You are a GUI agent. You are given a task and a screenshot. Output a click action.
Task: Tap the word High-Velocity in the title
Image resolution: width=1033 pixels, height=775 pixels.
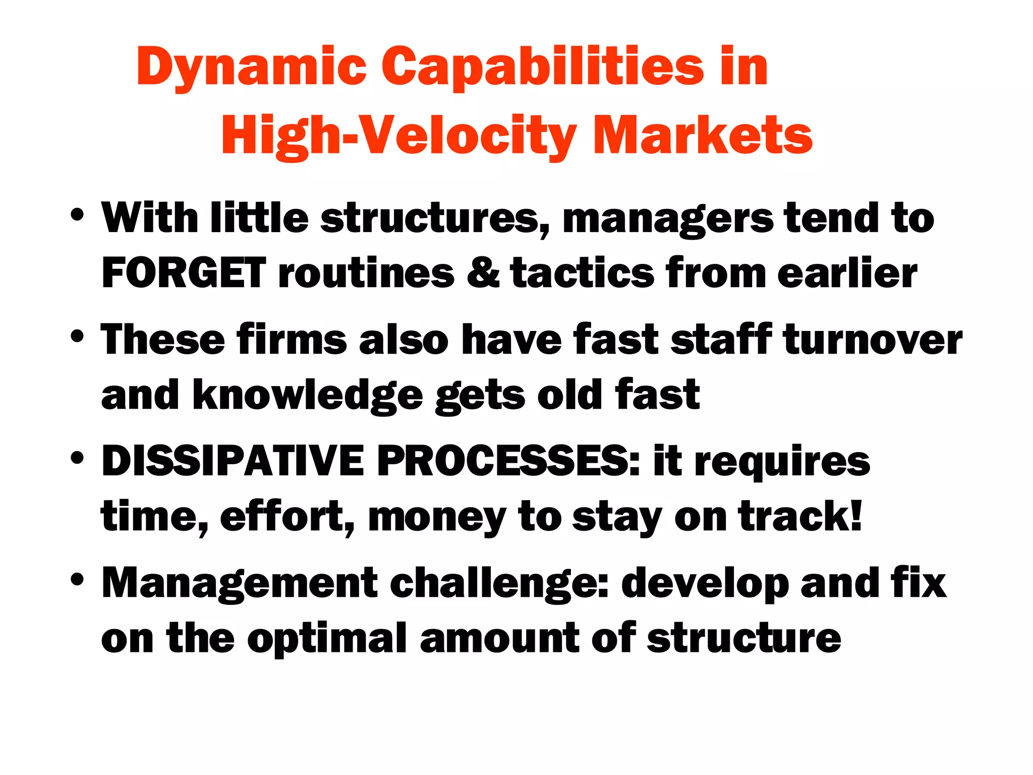(398, 135)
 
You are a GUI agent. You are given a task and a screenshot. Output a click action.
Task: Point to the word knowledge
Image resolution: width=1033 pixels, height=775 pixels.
(308, 396)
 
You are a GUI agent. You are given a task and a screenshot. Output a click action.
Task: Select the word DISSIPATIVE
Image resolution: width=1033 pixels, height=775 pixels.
(233, 461)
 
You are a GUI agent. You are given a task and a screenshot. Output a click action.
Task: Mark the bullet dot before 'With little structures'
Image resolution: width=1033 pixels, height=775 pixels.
(77, 214)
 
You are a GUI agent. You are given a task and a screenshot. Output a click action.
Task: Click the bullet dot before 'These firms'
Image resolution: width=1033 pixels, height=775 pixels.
(77, 336)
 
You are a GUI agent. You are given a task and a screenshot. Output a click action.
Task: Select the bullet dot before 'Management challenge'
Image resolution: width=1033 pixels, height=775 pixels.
(77, 579)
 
